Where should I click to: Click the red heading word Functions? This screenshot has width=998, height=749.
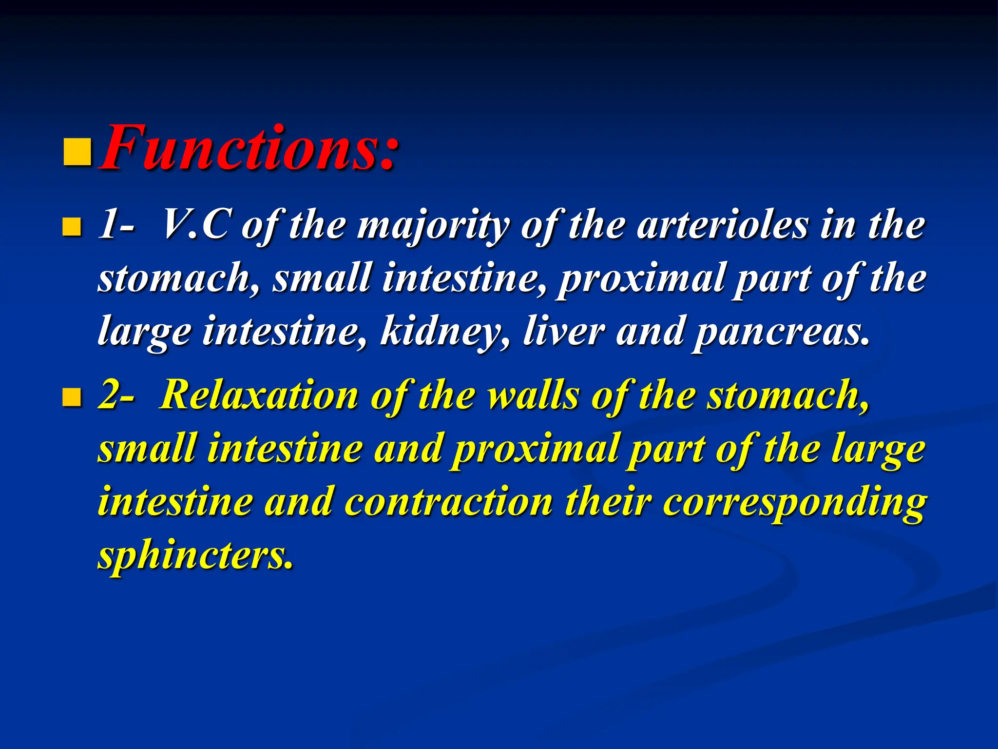249,149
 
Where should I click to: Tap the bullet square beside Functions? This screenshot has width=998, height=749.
77,153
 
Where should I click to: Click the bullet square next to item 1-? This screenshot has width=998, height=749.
72,227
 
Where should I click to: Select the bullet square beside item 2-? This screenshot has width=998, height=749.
72,397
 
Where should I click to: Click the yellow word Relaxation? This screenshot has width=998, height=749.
259,395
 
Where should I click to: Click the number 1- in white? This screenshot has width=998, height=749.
116,225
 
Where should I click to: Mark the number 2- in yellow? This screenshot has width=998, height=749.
116,395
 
